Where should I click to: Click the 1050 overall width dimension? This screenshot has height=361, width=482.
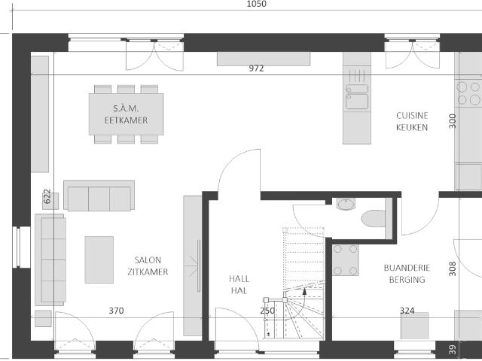tap(256, 4)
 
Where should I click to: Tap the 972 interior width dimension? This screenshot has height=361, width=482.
tap(256, 68)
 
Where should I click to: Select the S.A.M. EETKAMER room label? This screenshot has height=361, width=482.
tap(126, 114)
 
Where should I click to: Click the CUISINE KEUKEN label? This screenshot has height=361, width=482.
tap(412, 121)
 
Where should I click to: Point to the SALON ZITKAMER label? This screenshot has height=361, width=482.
tap(148, 265)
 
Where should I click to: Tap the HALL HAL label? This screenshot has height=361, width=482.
tap(239, 284)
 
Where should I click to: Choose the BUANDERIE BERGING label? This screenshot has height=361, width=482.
tap(407, 274)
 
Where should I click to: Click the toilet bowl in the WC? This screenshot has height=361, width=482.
tap(374, 218)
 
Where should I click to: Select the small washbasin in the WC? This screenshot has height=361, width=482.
tap(346, 204)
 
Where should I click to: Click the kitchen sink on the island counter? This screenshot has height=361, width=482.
tap(357, 97)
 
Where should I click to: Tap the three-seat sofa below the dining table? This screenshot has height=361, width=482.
tap(99, 196)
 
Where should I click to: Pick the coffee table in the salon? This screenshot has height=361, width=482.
tap(99, 259)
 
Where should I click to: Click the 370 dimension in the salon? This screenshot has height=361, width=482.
tap(116, 311)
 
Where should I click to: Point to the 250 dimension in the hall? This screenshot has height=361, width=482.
tap(267, 311)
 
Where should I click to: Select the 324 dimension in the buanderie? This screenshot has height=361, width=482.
tap(407, 311)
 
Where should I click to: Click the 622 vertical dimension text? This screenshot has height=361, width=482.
tap(47, 196)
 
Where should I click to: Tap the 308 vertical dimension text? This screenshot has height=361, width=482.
tap(452, 269)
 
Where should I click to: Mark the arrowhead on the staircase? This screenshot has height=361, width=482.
tap(304, 291)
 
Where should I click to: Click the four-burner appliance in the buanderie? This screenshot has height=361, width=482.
tap(345, 260)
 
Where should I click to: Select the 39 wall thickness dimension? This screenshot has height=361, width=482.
tap(452, 350)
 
